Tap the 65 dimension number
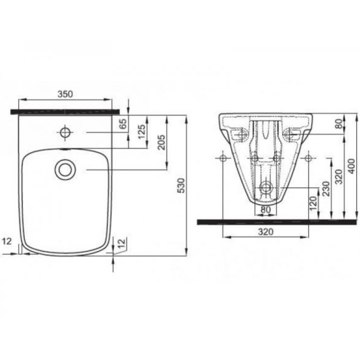(x=122, y=123)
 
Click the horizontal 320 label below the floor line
(x=265, y=232)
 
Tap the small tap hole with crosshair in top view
(x=65, y=133)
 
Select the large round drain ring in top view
(x=65, y=169)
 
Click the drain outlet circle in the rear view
(x=265, y=188)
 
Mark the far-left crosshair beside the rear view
(x=222, y=158)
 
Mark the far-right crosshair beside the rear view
(x=309, y=158)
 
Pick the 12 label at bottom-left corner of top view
(x=6, y=241)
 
